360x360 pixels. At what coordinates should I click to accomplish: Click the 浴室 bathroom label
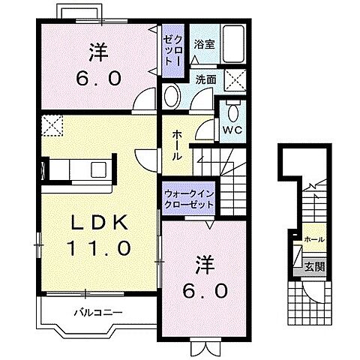(x=204, y=45)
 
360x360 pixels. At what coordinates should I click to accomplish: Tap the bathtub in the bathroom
(x=233, y=44)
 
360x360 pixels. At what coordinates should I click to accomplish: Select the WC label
(x=232, y=130)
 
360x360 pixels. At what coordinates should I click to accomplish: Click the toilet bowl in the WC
(x=233, y=112)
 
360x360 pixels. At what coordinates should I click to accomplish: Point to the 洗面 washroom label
(x=205, y=79)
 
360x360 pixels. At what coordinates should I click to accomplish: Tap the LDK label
(x=100, y=222)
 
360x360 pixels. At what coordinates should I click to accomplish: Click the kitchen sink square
(x=99, y=169)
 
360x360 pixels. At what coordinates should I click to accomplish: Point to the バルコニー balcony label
(x=99, y=312)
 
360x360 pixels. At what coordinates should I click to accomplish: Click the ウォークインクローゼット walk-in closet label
(x=189, y=199)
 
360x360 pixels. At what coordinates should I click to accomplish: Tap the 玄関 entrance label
(x=314, y=267)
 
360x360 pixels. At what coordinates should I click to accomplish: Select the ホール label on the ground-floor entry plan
(x=314, y=239)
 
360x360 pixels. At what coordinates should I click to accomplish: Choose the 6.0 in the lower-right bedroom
(x=205, y=291)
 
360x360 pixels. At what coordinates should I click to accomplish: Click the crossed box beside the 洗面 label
(x=235, y=79)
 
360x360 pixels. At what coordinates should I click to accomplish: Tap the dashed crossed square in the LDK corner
(x=52, y=125)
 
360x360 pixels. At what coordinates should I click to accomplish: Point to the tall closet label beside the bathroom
(x=172, y=50)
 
